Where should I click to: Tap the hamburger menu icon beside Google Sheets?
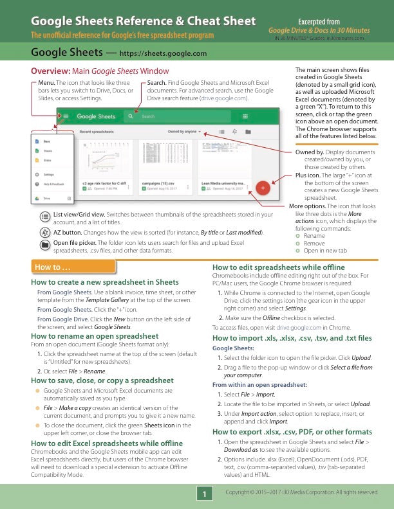coord(66,116)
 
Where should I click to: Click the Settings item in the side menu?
coord(48,174)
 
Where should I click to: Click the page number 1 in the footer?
coord(204,494)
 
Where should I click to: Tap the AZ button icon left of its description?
coord(45,232)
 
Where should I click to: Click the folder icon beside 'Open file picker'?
coord(45,245)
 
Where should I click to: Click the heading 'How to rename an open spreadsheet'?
coord(95,335)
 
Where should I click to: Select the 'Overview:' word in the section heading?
coord(52,71)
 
